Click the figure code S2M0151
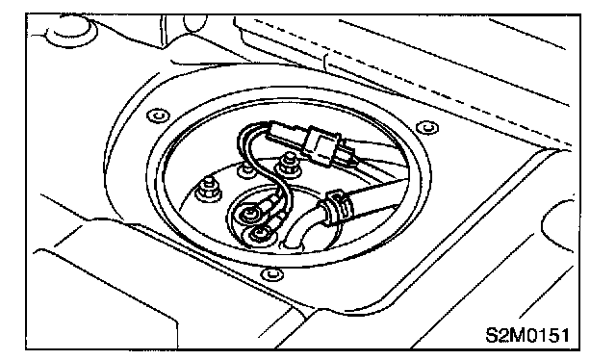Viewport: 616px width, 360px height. (x=526, y=335)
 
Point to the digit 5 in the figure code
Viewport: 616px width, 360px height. (x=552, y=335)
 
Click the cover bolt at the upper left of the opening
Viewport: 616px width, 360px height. (x=158, y=116)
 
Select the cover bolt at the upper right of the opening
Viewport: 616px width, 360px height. (x=427, y=127)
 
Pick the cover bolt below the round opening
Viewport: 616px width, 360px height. (x=271, y=273)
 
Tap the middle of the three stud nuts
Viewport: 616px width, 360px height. (x=247, y=169)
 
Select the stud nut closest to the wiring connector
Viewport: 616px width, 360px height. (x=289, y=165)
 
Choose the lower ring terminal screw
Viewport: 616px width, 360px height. (x=258, y=234)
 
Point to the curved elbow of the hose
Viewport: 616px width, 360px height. (x=304, y=229)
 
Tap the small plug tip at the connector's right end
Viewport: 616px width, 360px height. (x=346, y=154)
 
